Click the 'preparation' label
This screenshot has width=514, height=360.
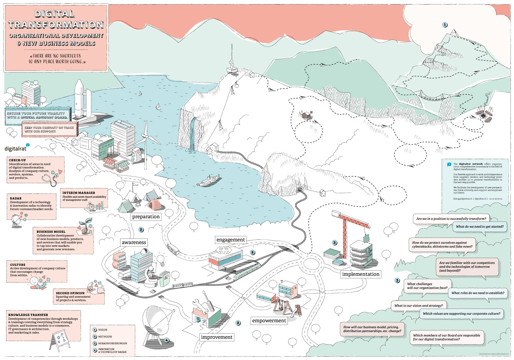point(146,217)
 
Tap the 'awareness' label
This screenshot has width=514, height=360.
point(134,242)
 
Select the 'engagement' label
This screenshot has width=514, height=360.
point(231,240)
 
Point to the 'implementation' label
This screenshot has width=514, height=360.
point(361,274)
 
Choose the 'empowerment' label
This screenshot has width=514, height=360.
point(269,321)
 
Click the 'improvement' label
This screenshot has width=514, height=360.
point(217,337)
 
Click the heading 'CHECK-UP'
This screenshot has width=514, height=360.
point(17,160)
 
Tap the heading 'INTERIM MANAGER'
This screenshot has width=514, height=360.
point(79,193)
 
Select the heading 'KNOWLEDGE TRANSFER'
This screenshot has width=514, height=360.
point(28,315)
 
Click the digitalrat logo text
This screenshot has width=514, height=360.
point(16,148)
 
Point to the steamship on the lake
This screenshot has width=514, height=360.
point(209,181)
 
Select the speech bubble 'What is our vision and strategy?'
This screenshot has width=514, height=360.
point(418,306)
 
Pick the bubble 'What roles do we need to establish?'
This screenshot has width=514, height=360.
point(478,293)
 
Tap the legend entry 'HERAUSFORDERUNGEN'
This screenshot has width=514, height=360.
point(112,343)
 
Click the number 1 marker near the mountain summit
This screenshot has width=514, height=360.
point(445,25)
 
